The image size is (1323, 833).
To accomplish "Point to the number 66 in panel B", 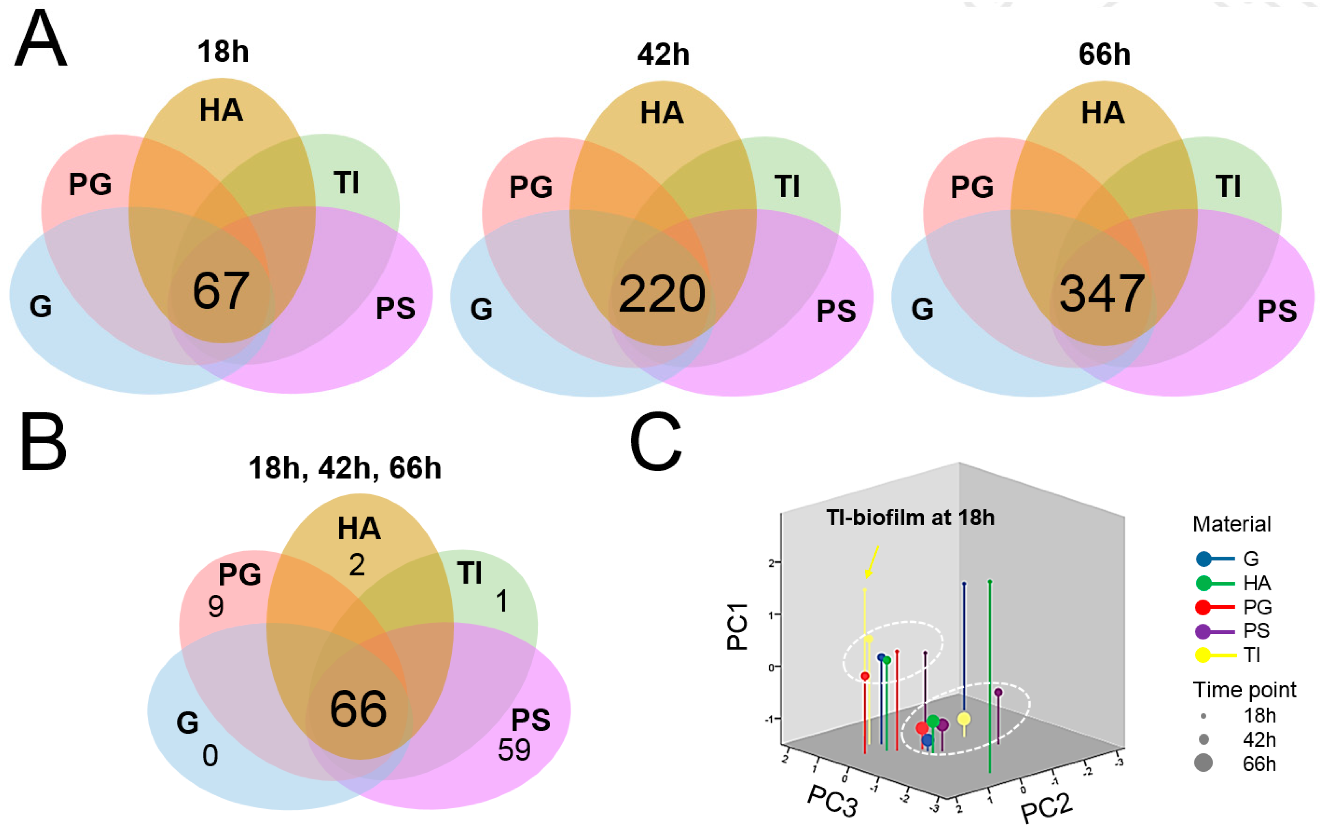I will [x=358, y=709].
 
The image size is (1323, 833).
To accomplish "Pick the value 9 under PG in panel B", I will [x=216, y=607].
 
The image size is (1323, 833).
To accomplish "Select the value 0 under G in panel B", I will [x=210, y=756].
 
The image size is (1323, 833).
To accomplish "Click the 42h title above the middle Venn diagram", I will [x=663, y=54].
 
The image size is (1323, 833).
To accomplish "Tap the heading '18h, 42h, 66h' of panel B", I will [x=344, y=468].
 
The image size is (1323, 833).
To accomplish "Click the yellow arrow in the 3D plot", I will [x=872, y=561].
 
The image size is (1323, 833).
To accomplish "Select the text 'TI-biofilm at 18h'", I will [x=910, y=517].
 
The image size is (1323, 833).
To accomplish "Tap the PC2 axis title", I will [x=1047, y=808].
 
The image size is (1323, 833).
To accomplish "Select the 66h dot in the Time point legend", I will [x=1203, y=763].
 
